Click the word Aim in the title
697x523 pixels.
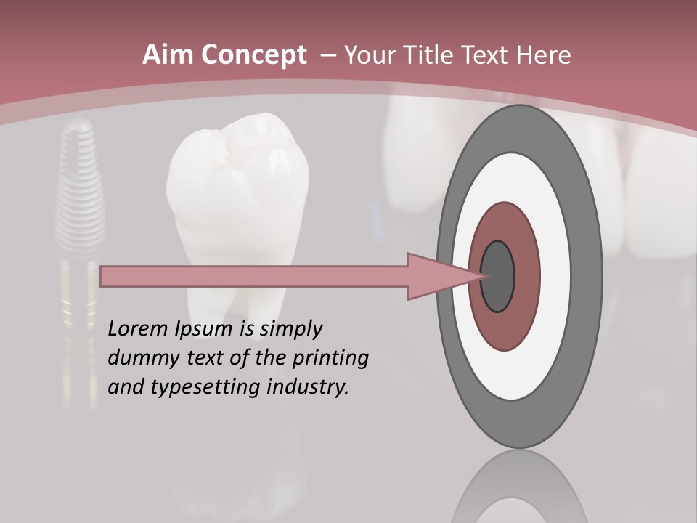click(168, 55)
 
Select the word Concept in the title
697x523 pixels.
click(252, 56)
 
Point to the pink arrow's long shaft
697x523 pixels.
click(254, 277)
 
